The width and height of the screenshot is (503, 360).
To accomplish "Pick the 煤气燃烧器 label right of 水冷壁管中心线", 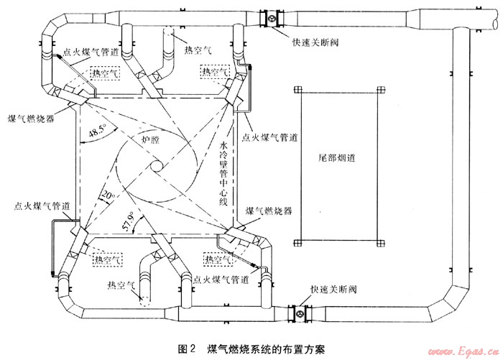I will point(268,212).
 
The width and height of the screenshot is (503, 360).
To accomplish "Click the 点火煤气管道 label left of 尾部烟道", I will point(270,136).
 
